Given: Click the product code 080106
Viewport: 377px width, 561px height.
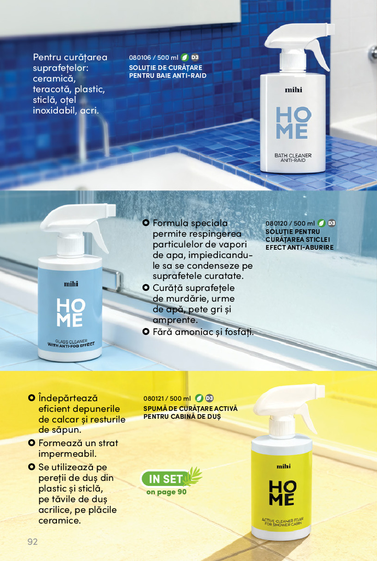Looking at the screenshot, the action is tap(140, 57).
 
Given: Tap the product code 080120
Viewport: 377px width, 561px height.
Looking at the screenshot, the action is tap(277, 223).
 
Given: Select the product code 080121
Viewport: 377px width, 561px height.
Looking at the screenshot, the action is tap(154, 398).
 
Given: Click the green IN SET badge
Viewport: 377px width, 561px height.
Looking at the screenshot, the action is tap(165, 479).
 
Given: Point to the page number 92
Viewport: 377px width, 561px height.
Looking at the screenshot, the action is tap(32, 542).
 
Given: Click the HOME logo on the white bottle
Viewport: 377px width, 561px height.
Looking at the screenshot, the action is tap(293, 123).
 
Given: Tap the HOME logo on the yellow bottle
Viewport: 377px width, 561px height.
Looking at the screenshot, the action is tap(283, 492).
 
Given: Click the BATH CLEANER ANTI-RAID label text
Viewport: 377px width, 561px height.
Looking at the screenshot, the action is tap(293, 158).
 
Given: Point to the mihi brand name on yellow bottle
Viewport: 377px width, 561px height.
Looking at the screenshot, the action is tap(284, 466).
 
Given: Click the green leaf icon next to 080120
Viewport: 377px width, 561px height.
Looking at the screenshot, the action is tap(321, 223).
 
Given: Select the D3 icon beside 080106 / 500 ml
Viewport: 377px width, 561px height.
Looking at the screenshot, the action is tap(195, 57).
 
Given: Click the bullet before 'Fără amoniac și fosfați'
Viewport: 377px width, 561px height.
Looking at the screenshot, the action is tap(146, 332).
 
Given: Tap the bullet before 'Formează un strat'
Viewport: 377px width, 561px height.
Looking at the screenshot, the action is tap(31, 443).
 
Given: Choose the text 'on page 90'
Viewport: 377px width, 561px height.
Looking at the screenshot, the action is tap(167, 492).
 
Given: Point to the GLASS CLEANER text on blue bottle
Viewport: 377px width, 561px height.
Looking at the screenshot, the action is tap(71, 341).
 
